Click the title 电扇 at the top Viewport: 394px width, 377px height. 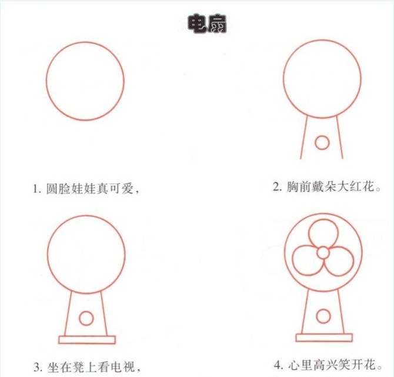point(207,24)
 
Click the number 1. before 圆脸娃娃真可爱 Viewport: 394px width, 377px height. point(37,189)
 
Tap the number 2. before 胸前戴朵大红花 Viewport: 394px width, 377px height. point(278,187)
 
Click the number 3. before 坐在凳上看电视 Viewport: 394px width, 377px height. point(38,368)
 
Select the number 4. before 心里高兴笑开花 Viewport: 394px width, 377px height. point(279,365)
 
